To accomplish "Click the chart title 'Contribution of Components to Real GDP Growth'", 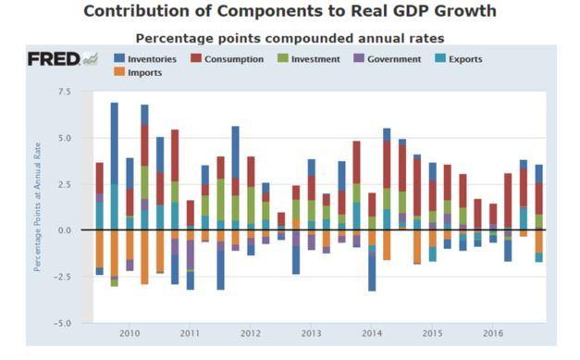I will (290, 12).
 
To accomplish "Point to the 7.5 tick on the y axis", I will (64, 92).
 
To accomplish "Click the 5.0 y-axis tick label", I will (64, 138).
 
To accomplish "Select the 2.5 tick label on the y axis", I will (64, 184).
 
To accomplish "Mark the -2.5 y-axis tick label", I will (62, 277).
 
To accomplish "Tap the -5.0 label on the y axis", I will (62, 323).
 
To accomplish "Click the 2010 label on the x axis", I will (130, 332).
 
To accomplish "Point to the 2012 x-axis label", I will (251, 332).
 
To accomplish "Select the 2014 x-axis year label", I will (372, 332).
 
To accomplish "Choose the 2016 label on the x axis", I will (492, 332).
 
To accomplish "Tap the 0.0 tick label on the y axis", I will (64, 230).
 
